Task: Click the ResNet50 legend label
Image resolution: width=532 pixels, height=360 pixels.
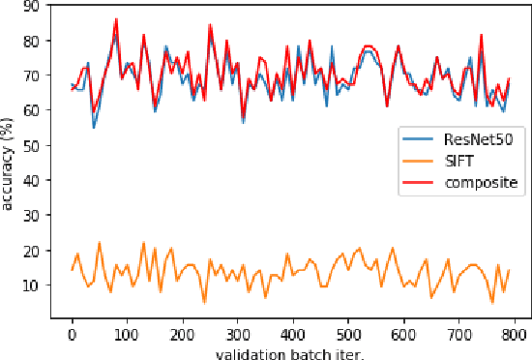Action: (486, 140)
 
